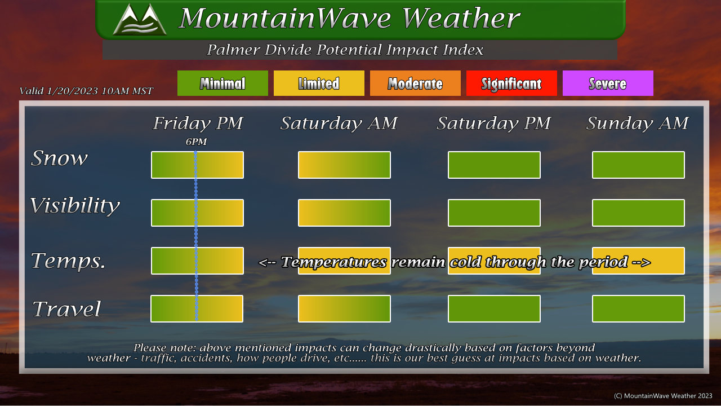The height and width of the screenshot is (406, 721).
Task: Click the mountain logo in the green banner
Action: coord(140,19)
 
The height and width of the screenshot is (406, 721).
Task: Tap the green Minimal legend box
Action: coord(222,83)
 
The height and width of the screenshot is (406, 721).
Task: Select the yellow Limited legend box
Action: coord(319,83)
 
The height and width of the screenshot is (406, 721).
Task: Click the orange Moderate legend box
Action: coord(415,83)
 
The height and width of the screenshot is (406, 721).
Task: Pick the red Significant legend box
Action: coord(511,83)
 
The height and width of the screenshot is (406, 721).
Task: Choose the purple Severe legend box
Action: coord(608,83)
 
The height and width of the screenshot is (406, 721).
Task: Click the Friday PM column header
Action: coord(198,123)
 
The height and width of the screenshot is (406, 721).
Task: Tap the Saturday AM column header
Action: coord(339,123)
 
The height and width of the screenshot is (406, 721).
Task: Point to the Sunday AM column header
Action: coord(637,123)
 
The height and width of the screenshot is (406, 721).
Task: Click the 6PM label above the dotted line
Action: coord(196,142)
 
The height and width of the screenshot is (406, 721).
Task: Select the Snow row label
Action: coord(59,158)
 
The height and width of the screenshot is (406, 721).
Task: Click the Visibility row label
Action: coord(75,206)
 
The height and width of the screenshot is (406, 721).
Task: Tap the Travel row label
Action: coord(66,308)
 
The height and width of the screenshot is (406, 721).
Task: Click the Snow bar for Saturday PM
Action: coord(494,165)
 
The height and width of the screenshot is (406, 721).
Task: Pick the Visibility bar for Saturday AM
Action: coord(344,213)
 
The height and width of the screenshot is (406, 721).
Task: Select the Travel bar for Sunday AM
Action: coord(638,308)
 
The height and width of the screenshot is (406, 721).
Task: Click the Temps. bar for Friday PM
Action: coord(197,261)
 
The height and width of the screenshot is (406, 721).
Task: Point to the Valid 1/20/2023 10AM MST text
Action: coord(86,91)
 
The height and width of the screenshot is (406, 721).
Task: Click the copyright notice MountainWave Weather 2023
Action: coord(663,396)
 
